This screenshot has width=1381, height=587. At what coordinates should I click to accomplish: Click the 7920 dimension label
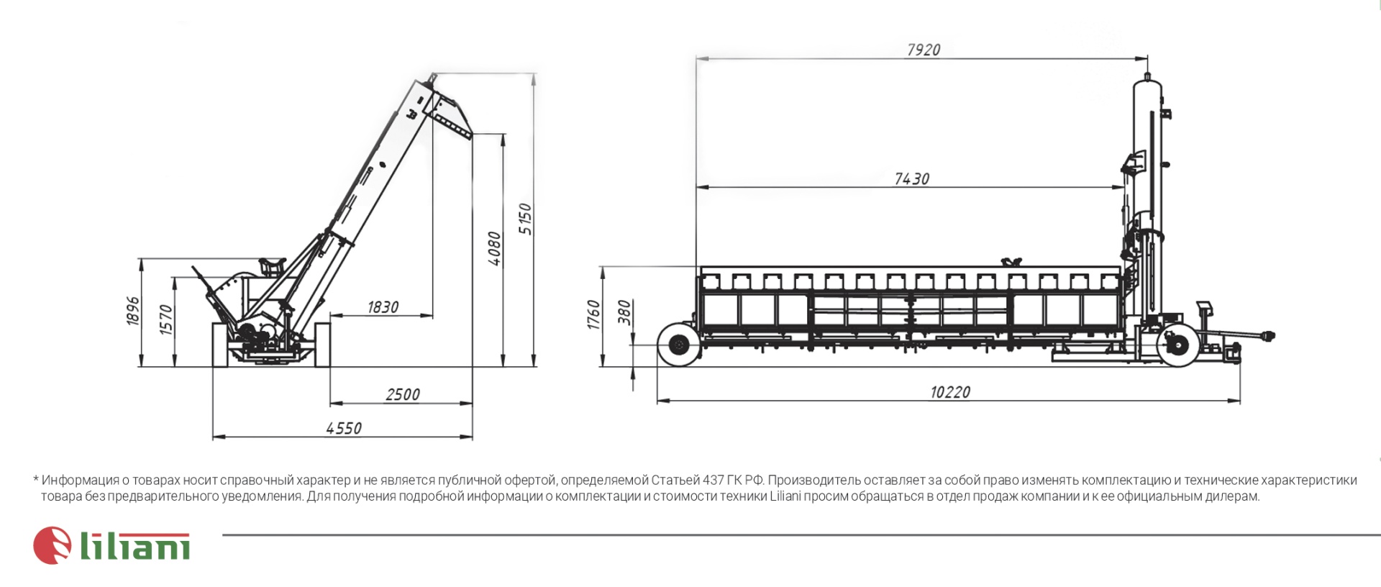point(924,50)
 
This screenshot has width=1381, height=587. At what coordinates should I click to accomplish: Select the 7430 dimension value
point(912,179)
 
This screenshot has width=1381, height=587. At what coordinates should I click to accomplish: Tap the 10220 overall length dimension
point(950,392)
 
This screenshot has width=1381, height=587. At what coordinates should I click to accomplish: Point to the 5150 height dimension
point(526,219)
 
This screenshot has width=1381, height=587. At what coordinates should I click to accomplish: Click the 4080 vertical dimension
point(494,249)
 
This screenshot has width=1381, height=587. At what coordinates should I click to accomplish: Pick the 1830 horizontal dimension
point(383,307)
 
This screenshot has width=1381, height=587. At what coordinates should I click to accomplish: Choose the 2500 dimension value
point(403,394)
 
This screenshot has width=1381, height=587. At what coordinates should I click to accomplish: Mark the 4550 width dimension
point(344,428)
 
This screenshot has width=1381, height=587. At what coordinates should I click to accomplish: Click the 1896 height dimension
point(133,311)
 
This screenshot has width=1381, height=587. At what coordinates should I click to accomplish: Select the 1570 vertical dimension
point(166,319)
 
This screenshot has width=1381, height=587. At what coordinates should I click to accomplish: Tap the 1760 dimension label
point(593,314)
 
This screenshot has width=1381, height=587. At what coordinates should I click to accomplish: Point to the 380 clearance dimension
point(624,311)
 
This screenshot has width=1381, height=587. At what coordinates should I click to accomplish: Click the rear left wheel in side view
point(679,345)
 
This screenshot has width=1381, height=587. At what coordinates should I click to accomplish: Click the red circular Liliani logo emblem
point(53,545)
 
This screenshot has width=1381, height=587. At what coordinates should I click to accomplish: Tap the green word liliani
point(135,547)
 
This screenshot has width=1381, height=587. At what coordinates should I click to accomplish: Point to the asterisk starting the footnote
point(36,479)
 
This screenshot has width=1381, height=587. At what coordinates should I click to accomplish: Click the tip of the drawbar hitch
point(1270,335)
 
